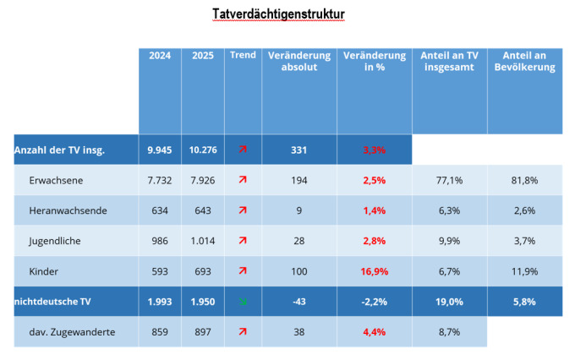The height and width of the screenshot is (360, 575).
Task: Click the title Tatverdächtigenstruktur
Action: click(x=267, y=14)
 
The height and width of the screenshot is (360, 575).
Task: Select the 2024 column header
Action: click(x=159, y=56)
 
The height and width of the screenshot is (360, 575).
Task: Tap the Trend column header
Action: click(x=243, y=56)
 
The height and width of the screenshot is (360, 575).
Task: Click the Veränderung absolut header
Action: click(x=298, y=62)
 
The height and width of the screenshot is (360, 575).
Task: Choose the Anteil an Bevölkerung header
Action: click(x=524, y=62)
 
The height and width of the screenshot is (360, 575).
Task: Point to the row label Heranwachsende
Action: click(x=67, y=210)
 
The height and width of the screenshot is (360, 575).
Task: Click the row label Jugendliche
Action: click(x=56, y=241)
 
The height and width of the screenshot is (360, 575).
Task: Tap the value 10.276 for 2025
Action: click(x=203, y=150)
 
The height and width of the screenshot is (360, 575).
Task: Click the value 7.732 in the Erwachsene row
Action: click(x=159, y=180)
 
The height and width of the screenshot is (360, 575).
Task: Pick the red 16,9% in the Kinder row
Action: click(x=374, y=271)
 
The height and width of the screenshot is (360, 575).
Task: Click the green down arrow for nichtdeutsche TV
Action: click(x=243, y=302)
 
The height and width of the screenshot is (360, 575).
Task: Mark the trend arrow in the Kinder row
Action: click(x=243, y=271)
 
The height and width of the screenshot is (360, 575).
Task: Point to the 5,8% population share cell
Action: click(x=524, y=302)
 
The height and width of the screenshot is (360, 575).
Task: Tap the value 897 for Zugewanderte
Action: click(x=203, y=332)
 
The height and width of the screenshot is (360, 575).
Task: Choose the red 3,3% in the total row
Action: click(x=374, y=150)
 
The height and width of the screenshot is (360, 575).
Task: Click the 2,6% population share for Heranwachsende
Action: click(x=524, y=210)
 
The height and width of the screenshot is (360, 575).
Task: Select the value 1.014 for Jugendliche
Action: click(x=203, y=241)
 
